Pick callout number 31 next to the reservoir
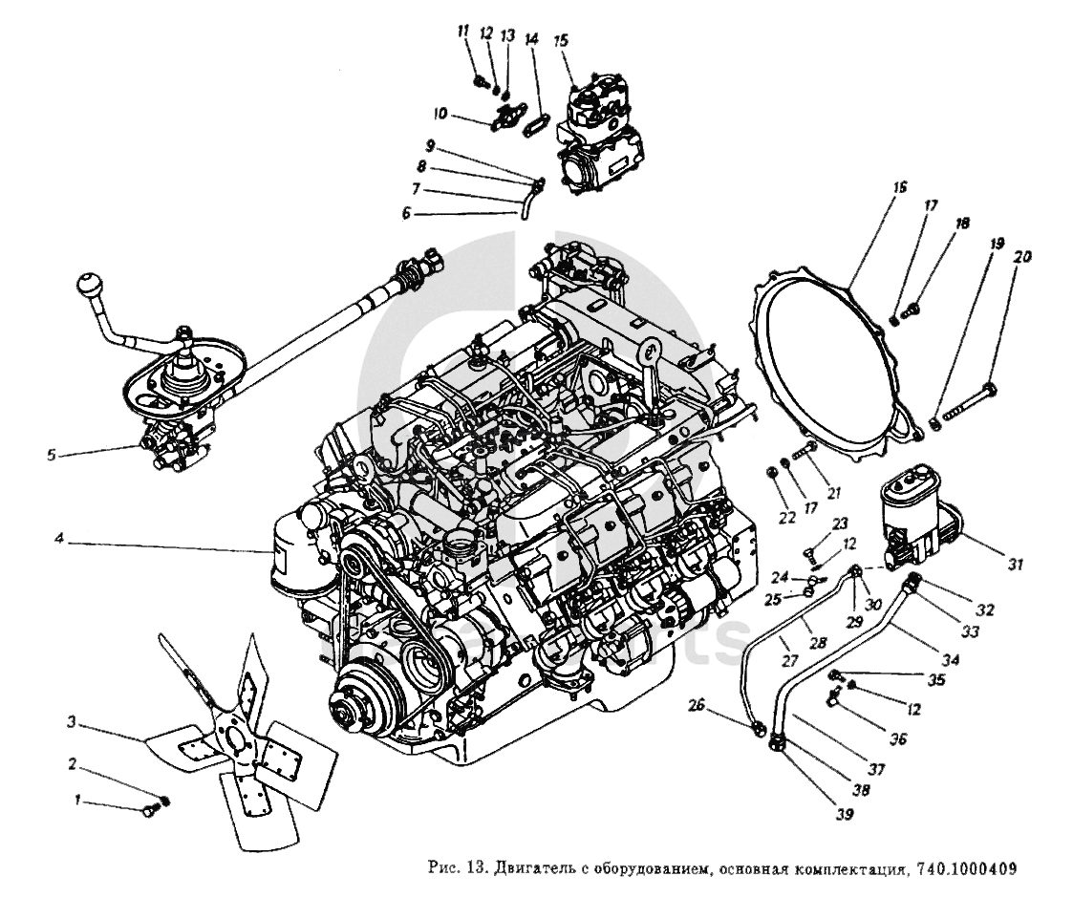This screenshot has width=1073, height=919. (x=1014, y=566)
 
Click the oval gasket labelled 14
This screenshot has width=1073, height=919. (x=536, y=122)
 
